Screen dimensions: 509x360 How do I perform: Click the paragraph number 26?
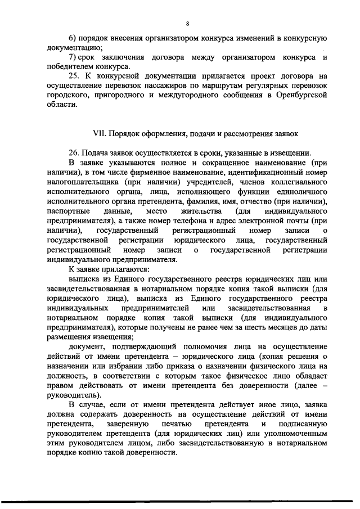click(x=73, y=153)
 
